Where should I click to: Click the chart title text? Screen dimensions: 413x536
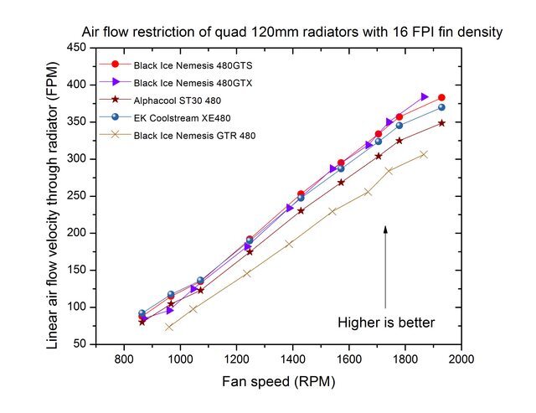click(291, 33)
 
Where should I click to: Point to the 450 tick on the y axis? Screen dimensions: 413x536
click(77, 48)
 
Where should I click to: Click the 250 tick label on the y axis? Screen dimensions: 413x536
click(77, 195)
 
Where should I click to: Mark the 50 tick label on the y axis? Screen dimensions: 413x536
click(80, 343)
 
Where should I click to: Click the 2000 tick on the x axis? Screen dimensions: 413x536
click(461, 359)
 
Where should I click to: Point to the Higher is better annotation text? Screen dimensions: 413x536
click(386, 322)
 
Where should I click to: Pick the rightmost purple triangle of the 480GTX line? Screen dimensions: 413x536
click(425, 97)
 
